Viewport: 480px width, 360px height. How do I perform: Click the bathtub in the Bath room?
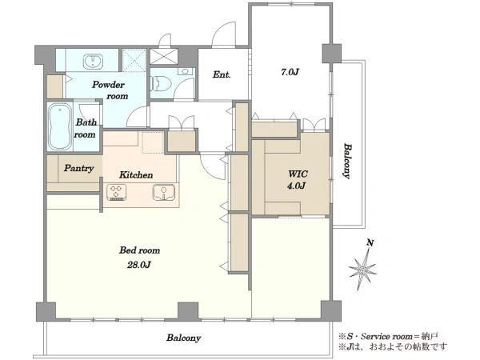coord(60,126)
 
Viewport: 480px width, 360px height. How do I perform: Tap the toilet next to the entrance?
coord(158,83)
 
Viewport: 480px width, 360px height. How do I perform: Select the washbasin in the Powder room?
coord(93,62)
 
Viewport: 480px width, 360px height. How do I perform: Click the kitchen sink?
coord(164,193)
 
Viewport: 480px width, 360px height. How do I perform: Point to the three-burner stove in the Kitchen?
coord(116,192)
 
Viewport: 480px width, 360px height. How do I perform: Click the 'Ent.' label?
coord(222,74)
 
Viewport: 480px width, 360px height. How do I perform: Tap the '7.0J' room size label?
coord(290,72)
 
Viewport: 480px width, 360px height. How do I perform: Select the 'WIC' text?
coord(298,174)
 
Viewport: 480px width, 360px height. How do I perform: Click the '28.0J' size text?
coord(138,265)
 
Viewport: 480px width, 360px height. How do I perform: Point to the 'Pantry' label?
coord(78,168)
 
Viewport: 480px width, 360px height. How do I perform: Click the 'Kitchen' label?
coord(136,174)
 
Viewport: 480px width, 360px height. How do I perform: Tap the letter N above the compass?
coord(370,243)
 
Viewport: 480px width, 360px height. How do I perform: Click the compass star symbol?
coord(362,270)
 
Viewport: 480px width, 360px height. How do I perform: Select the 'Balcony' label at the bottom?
coord(184,338)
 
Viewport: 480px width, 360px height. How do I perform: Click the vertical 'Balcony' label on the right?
coord(346,161)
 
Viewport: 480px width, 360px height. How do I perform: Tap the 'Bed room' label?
coord(139,250)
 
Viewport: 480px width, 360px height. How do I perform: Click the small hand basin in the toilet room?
coord(186,71)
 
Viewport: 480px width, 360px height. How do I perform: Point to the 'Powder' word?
coord(108,85)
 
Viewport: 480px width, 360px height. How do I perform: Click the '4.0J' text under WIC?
coord(296,186)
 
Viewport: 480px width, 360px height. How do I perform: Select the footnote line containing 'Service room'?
coord(388,337)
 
